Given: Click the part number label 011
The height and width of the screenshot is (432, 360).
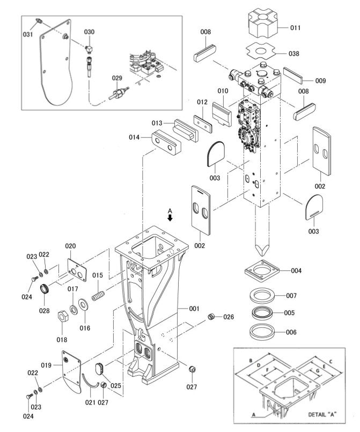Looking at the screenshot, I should pos(295,27).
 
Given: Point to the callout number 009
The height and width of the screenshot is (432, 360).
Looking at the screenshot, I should pos(320,81).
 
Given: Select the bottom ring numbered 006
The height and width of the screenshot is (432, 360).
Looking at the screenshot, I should pos(262,331).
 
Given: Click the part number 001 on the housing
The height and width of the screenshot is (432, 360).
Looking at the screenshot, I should pos(194,309).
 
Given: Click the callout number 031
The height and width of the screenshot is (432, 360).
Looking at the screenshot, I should pos(28,34).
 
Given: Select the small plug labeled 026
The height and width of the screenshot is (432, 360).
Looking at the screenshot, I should pos(211,317).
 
